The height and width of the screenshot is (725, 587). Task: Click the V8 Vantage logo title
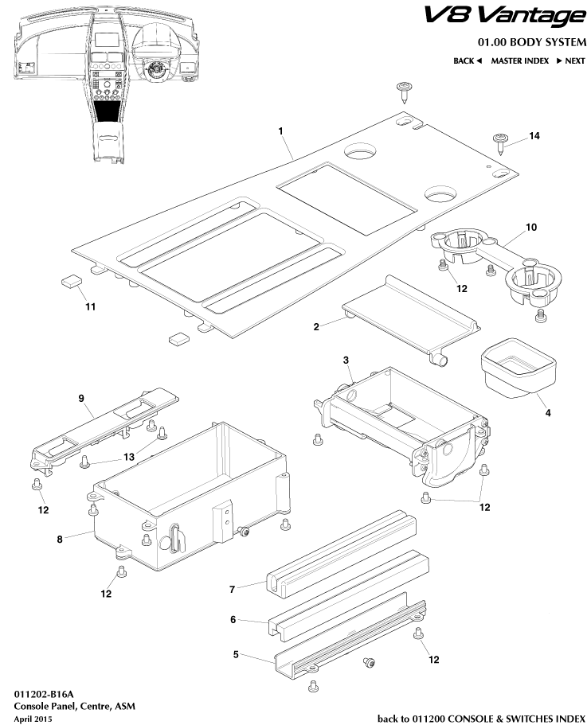tap(503, 16)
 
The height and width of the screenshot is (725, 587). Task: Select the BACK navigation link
tap(468, 60)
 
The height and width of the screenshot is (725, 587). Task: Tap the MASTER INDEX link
tap(519, 60)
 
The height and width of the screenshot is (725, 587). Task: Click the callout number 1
tap(281, 131)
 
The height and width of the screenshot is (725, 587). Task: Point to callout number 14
tap(534, 136)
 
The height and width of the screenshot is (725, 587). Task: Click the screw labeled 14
tap(502, 142)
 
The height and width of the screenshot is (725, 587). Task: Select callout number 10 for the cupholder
tap(531, 227)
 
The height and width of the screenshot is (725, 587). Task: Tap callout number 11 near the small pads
tap(90, 306)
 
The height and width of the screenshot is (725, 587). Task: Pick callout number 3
tap(346, 361)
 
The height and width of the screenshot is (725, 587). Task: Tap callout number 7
tap(233, 589)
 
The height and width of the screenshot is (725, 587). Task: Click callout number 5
tap(237, 654)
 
